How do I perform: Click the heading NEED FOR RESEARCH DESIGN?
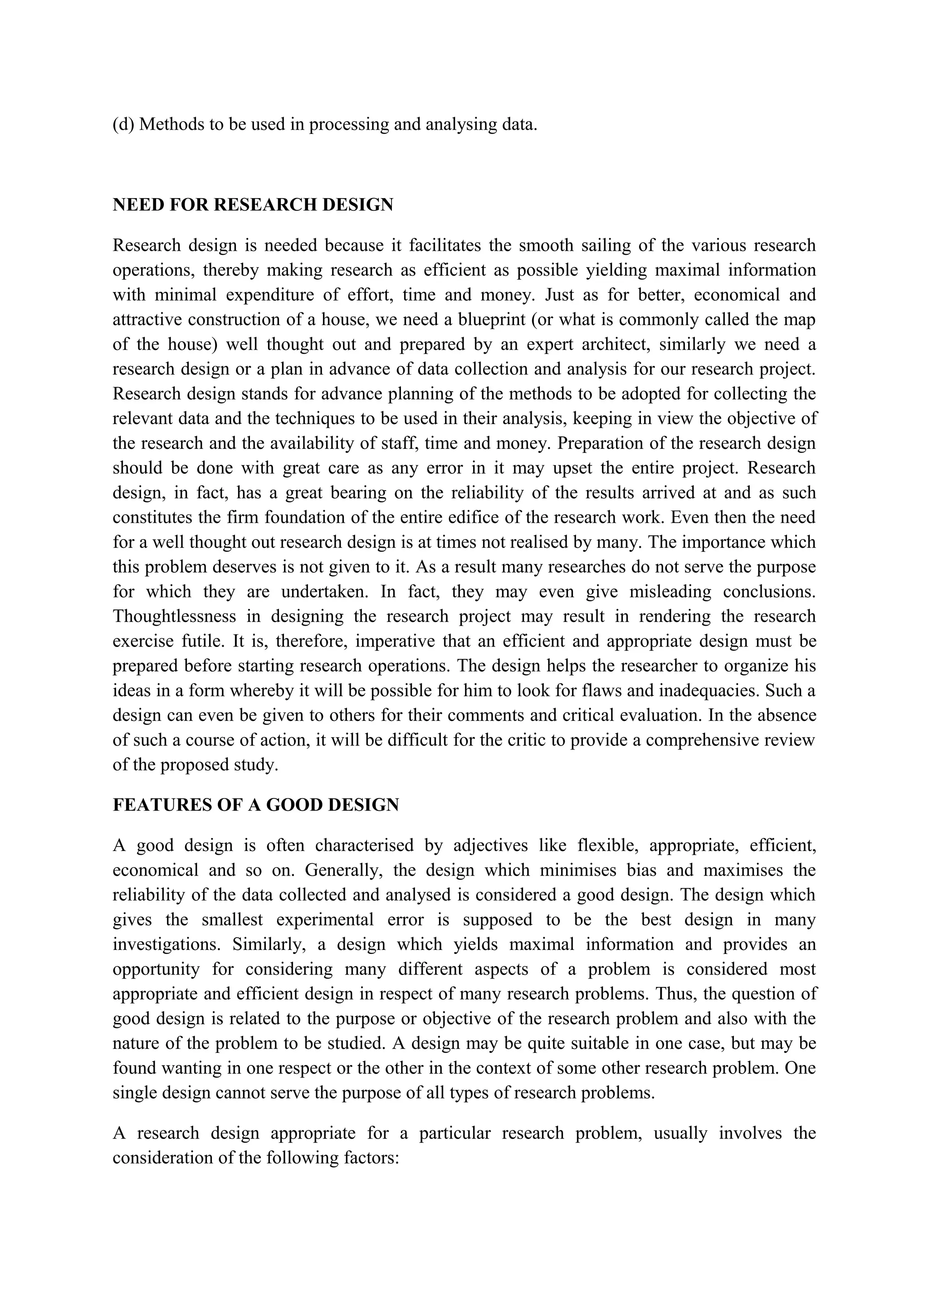pyautogui.click(x=253, y=205)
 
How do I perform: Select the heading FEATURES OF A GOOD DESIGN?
pyautogui.click(x=255, y=805)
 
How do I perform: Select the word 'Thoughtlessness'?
pyautogui.click(x=174, y=616)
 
